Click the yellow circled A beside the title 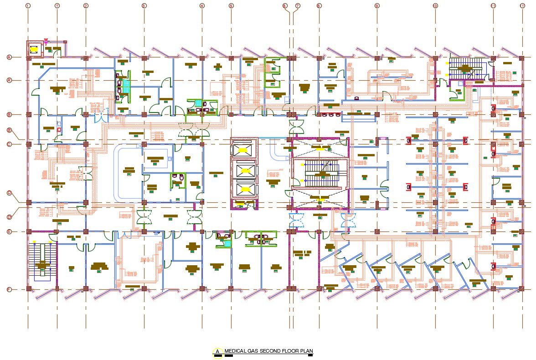coord(218,352)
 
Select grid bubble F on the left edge coord(9,289)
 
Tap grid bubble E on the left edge coord(9,231)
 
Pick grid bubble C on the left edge coord(9,144)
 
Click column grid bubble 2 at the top coord(86,5)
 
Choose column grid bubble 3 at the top coord(144,5)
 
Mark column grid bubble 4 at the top coord(202,5)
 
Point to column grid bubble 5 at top coord(231,5)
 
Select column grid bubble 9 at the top coord(377,5)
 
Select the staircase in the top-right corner coord(465,69)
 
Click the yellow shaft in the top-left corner coord(34,47)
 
